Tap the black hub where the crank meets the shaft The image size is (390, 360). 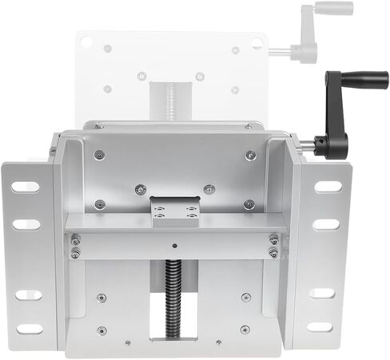[x=320, y=145]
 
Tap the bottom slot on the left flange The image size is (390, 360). [x=29, y=328]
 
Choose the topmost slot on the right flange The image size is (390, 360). [x=327, y=187]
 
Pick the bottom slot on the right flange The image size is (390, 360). [x=321, y=327]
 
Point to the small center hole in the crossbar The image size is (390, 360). [x=173, y=245]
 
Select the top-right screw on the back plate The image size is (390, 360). [x=250, y=155]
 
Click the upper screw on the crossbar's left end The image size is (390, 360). [x=75, y=240]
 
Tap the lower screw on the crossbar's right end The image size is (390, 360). [x=273, y=254]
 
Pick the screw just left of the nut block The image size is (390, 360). [x=140, y=189]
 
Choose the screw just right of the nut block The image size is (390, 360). [x=209, y=189]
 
